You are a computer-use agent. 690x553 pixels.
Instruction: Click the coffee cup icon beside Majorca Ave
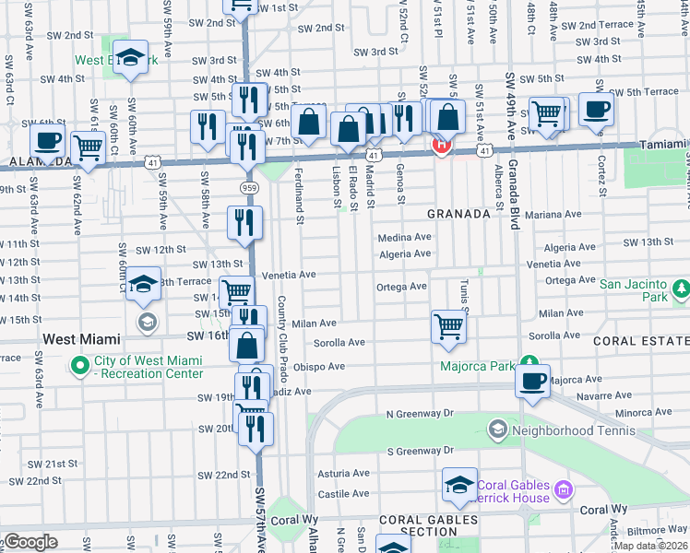[x=532, y=381]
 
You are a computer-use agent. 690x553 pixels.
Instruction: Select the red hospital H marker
[x=442, y=145]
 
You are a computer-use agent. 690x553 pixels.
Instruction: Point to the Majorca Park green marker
[x=529, y=362]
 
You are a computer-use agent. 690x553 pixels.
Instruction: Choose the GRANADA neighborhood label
[x=458, y=214]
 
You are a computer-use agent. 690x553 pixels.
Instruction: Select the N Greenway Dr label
[x=421, y=414]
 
